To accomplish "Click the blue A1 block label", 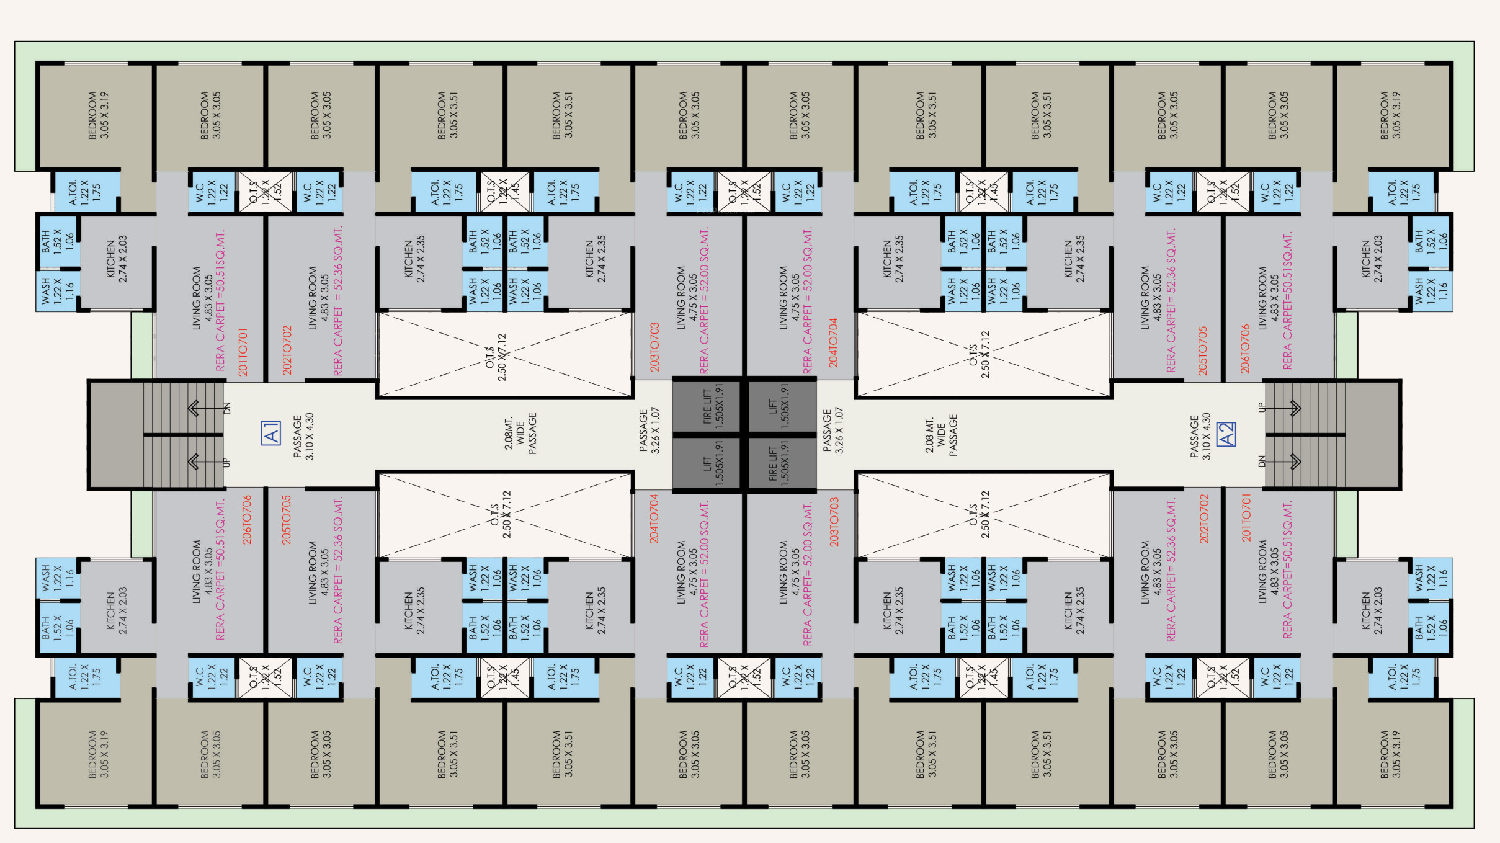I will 271,433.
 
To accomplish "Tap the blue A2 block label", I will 1226,434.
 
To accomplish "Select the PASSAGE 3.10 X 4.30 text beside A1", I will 303,437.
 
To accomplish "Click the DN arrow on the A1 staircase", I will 194,408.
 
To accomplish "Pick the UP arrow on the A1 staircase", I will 194,462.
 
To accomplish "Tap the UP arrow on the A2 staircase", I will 1294,408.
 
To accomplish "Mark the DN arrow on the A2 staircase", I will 1294,462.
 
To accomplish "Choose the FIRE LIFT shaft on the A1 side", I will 707,406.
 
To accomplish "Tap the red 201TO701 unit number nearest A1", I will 243,352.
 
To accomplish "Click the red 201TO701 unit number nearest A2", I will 1246,518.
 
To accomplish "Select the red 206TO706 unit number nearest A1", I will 247,520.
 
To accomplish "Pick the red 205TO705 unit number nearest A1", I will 286,520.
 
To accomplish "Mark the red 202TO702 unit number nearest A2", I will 1204,519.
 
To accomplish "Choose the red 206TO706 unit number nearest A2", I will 1244,349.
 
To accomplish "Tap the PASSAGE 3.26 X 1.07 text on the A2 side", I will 833,431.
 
